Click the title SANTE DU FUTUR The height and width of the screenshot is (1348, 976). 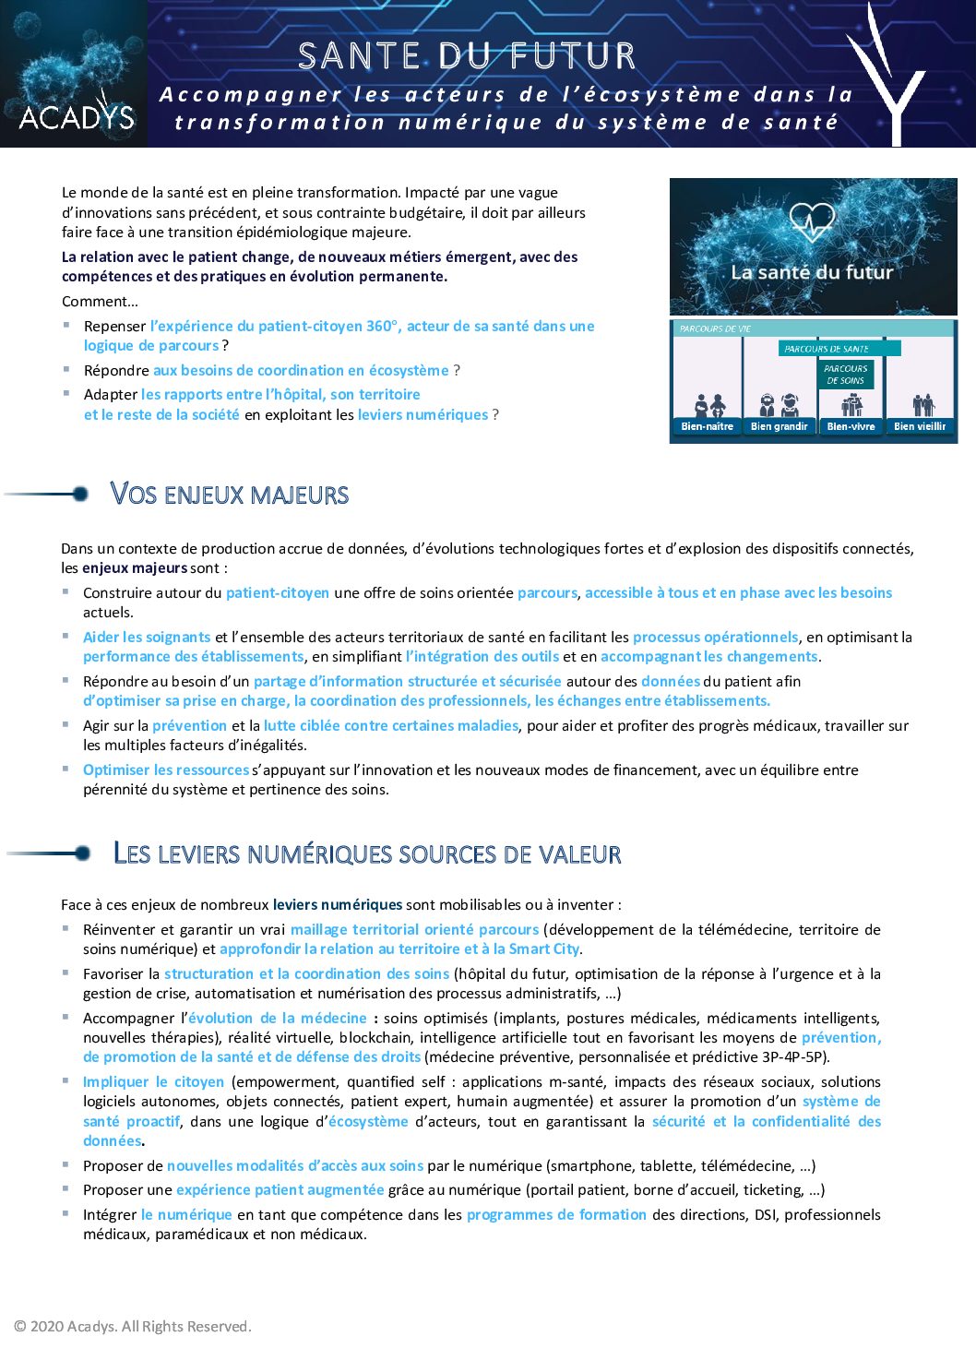(x=467, y=56)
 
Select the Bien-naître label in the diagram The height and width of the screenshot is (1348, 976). (x=707, y=426)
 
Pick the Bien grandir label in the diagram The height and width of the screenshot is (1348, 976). (x=779, y=426)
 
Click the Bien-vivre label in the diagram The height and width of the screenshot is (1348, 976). (x=851, y=426)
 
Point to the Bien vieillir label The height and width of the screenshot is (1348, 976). (x=920, y=426)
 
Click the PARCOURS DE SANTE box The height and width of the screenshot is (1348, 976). (x=827, y=349)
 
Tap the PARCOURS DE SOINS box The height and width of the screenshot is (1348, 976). (x=845, y=374)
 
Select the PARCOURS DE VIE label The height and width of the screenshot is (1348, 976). (x=715, y=328)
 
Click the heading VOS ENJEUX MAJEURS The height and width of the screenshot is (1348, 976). (x=229, y=495)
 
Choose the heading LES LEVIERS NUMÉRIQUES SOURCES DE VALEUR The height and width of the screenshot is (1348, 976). (x=366, y=853)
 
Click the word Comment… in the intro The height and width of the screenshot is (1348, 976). (x=100, y=302)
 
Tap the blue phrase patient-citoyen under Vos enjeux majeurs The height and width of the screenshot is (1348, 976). (x=277, y=593)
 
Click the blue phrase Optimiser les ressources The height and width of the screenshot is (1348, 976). (x=166, y=770)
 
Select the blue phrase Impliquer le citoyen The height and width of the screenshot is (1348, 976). (x=153, y=1082)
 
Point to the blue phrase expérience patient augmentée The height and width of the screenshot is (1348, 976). (x=280, y=1190)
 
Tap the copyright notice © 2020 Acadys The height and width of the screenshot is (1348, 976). (x=132, y=1327)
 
